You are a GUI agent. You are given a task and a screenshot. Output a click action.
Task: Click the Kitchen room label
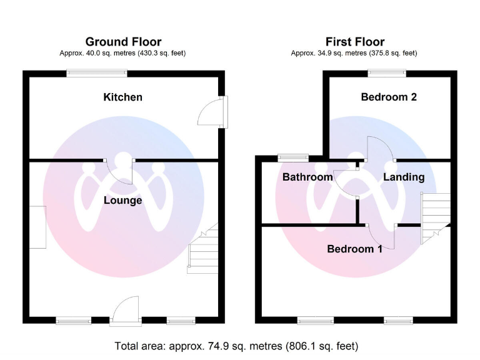(122, 97)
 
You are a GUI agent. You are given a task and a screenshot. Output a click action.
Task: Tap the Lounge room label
(122, 200)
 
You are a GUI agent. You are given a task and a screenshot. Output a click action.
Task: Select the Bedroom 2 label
(389, 97)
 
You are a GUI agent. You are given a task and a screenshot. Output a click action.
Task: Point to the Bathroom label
(307, 177)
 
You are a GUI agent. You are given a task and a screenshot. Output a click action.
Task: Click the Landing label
(404, 177)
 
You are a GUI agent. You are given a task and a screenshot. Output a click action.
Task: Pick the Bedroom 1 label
(355, 249)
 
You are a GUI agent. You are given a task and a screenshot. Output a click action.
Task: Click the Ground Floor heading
(123, 42)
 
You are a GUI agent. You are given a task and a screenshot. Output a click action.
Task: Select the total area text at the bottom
(236, 346)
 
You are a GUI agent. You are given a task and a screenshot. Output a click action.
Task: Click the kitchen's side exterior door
(211, 114)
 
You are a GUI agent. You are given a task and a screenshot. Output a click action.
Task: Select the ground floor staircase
(202, 250)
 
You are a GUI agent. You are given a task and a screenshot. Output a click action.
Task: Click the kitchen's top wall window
(97, 73)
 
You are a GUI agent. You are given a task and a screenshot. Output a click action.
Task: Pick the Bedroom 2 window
(386, 73)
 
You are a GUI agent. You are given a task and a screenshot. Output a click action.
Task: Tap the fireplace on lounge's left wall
(37, 227)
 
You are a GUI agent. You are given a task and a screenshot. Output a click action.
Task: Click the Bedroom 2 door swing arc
(379, 147)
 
